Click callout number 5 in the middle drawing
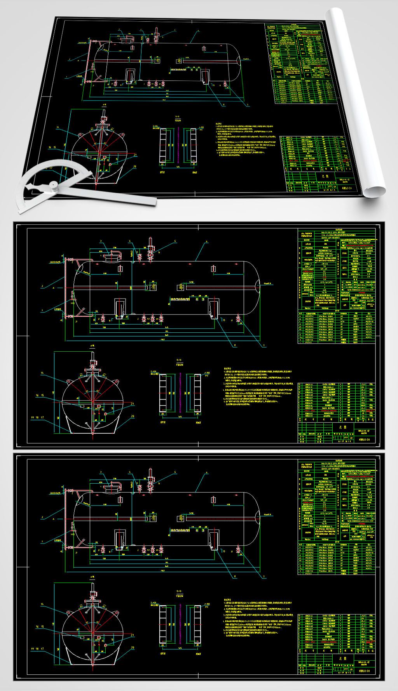click(175, 241)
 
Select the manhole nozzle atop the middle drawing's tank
click(112, 255)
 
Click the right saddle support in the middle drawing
click(213, 309)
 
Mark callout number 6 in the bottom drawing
click(206, 472)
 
